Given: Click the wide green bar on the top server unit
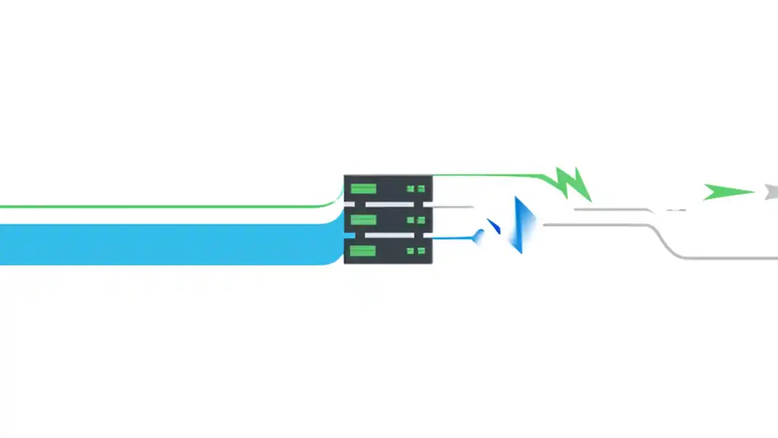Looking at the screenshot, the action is point(363,189).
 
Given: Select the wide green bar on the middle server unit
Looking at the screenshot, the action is point(363,220).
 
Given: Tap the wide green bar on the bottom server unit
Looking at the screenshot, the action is point(363,251).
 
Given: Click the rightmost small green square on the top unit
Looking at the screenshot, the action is point(421,189).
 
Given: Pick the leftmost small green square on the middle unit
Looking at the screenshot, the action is point(410,220).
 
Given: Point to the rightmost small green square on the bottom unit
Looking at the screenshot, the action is point(421,251).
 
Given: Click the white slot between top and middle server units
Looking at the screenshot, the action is point(389,204).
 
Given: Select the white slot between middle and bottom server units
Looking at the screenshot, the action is point(389,235).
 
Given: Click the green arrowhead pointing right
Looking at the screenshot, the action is point(726,192).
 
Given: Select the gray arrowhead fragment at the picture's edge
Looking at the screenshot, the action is point(773,192).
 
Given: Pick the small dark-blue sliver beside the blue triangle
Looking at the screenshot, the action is point(494,227).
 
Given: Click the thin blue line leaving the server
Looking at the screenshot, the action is point(453,237).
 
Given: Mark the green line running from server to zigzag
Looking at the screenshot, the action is point(486,176).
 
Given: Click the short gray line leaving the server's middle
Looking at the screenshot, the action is point(453,207).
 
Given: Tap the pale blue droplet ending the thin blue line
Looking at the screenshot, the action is point(479,236).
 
